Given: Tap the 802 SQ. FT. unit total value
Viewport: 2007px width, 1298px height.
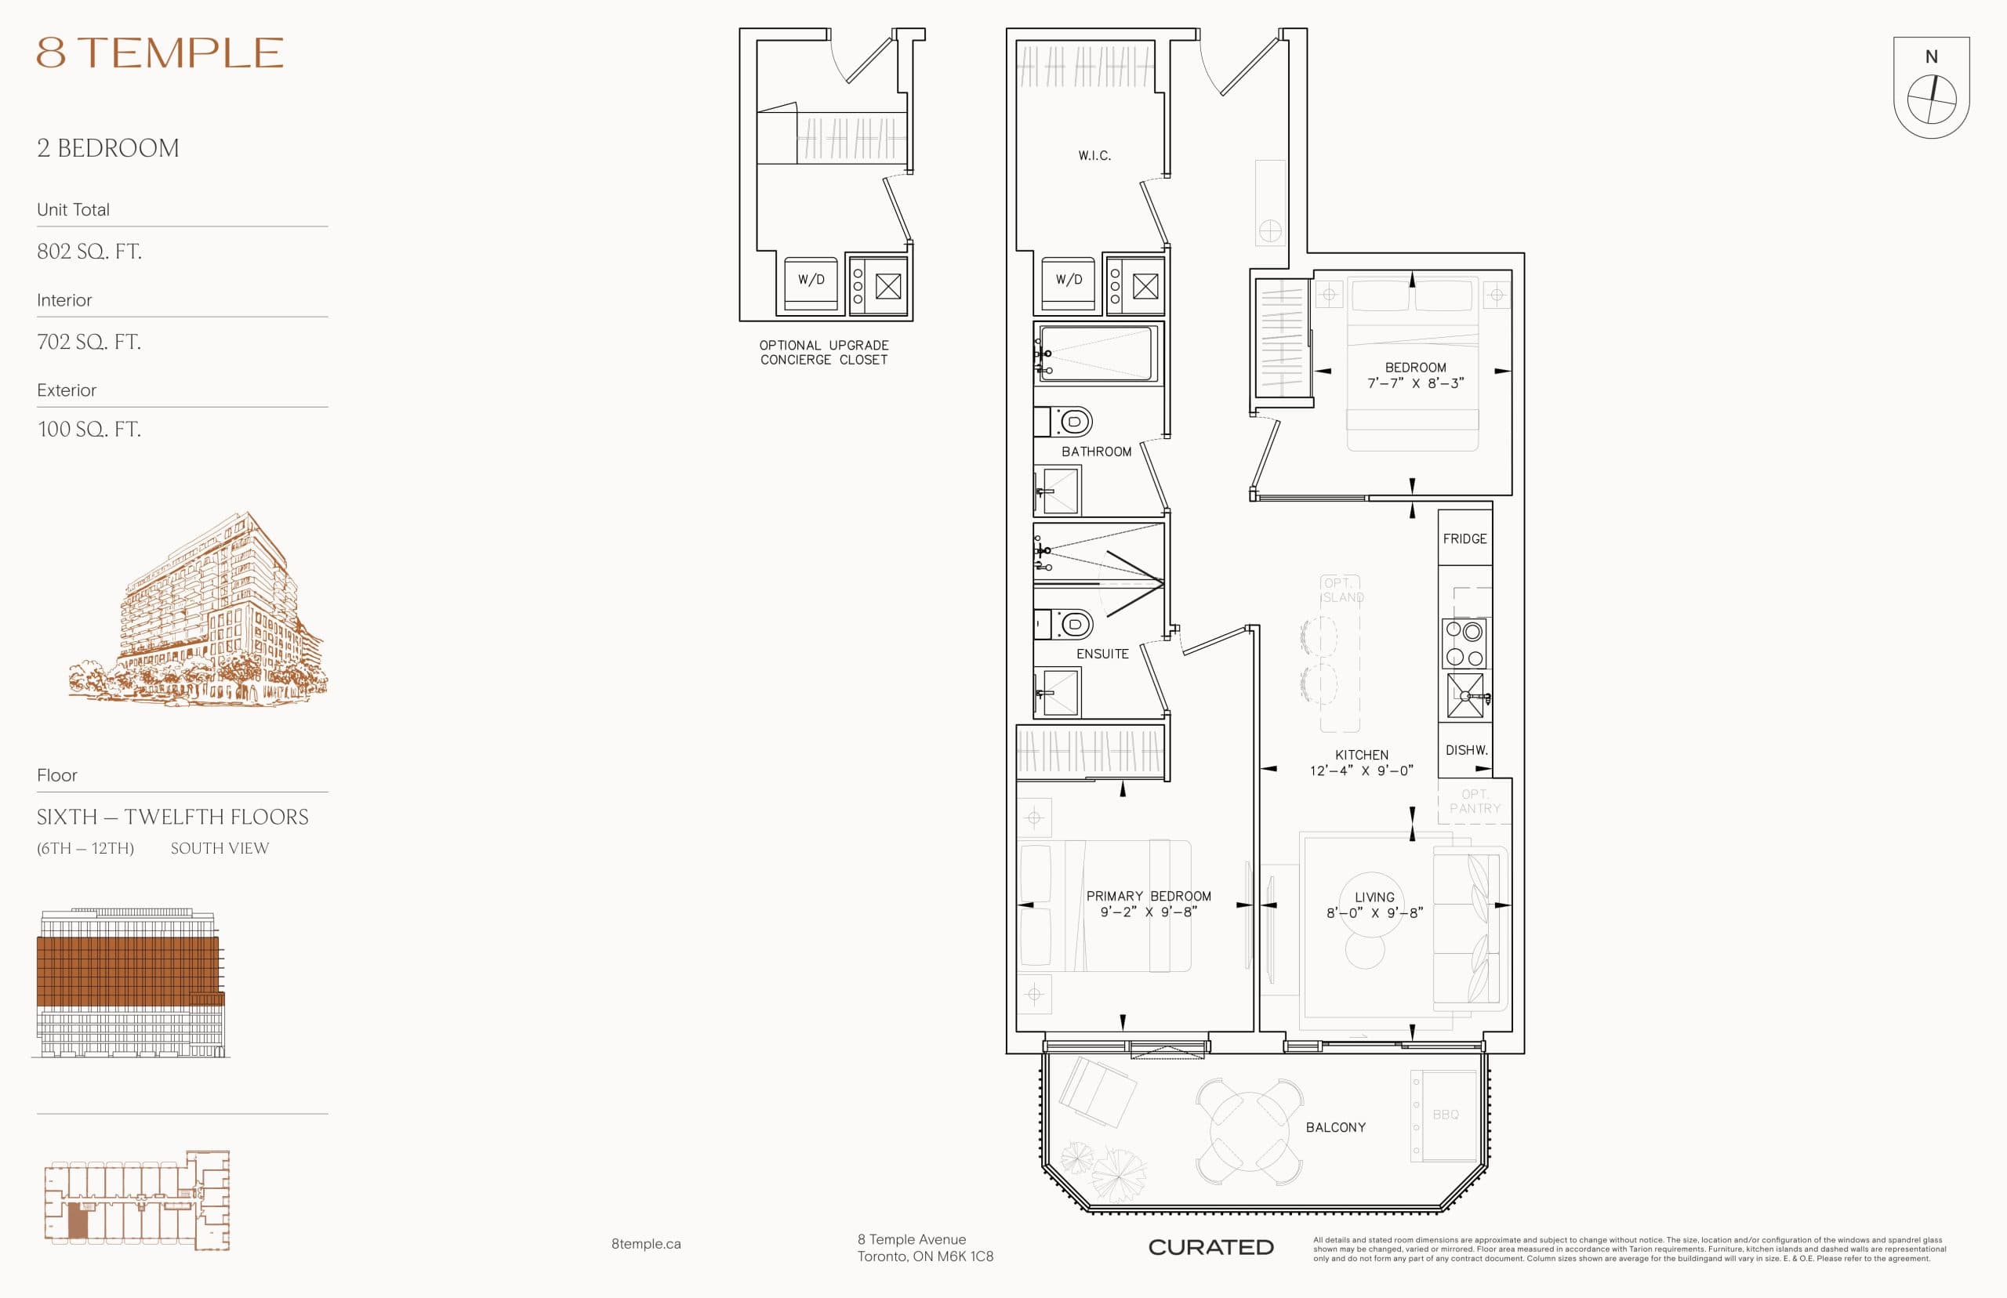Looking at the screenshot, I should [x=89, y=251].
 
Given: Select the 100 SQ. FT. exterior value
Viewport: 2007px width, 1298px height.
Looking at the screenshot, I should [x=89, y=429].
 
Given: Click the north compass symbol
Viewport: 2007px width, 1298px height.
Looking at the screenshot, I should [x=1931, y=98].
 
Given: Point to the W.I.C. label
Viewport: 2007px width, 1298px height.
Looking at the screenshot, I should [x=1094, y=156].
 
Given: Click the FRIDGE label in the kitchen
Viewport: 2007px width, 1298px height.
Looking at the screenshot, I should [x=1464, y=538].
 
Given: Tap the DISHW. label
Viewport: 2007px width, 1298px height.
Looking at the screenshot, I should [x=1466, y=749].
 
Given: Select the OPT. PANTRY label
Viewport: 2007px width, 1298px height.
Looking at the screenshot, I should [x=1474, y=802].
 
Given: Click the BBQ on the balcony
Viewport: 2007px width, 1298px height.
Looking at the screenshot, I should [x=1445, y=1115].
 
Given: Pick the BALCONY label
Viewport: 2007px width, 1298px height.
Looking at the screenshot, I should [x=1335, y=1127].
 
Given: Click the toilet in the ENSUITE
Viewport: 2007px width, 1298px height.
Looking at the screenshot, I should [x=1070, y=625].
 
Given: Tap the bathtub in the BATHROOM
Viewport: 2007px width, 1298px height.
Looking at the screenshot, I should [x=1096, y=354].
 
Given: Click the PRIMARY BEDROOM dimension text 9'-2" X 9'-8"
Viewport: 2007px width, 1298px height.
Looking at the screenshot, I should [x=1148, y=912].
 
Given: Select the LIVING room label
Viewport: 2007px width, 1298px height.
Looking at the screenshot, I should [x=1374, y=897].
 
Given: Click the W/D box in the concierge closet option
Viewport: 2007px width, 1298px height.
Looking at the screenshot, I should [x=811, y=281].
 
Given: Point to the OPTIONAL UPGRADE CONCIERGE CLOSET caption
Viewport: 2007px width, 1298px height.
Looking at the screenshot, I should [x=823, y=352].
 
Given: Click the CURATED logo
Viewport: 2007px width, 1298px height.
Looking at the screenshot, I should [x=1210, y=1247].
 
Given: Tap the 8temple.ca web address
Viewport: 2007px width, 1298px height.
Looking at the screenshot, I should [x=646, y=1244].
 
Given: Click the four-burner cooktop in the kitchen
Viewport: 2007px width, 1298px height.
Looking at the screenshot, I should [x=1464, y=644].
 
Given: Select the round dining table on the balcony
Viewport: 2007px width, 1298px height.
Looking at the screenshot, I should [x=1249, y=1131].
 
